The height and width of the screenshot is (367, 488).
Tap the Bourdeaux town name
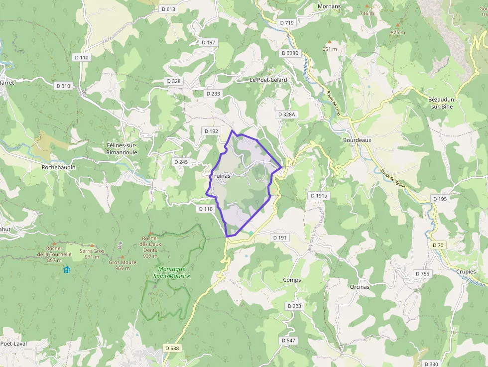pyautogui.click(x=357, y=140)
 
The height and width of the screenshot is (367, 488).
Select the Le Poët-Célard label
pyautogui.click(x=268, y=80)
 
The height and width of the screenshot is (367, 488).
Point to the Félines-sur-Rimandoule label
pyautogui.click(x=122, y=148)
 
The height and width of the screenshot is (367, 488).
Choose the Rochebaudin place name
pyautogui.click(x=59, y=167)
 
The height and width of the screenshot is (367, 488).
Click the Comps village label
pyautogui.click(x=292, y=280)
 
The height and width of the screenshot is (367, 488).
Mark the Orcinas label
pyautogui.click(x=360, y=287)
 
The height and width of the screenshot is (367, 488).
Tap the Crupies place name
pyautogui.click(x=465, y=272)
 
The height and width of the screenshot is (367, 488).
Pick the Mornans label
pyautogui.click(x=329, y=6)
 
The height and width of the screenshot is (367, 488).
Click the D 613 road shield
pyautogui.click(x=169, y=9)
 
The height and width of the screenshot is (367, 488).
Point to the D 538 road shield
pyautogui.click(x=171, y=348)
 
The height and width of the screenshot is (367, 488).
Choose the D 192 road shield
pyautogui.click(x=211, y=131)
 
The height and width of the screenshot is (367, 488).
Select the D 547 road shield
pyautogui.click(x=288, y=340)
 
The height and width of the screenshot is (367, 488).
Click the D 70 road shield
pyautogui.click(x=438, y=245)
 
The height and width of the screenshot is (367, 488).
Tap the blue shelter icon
pyautogui.click(x=67, y=269)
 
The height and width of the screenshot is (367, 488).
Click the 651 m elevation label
pyautogui.click(x=330, y=49)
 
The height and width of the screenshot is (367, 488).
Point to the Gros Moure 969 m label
pyautogui.click(x=122, y=265)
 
